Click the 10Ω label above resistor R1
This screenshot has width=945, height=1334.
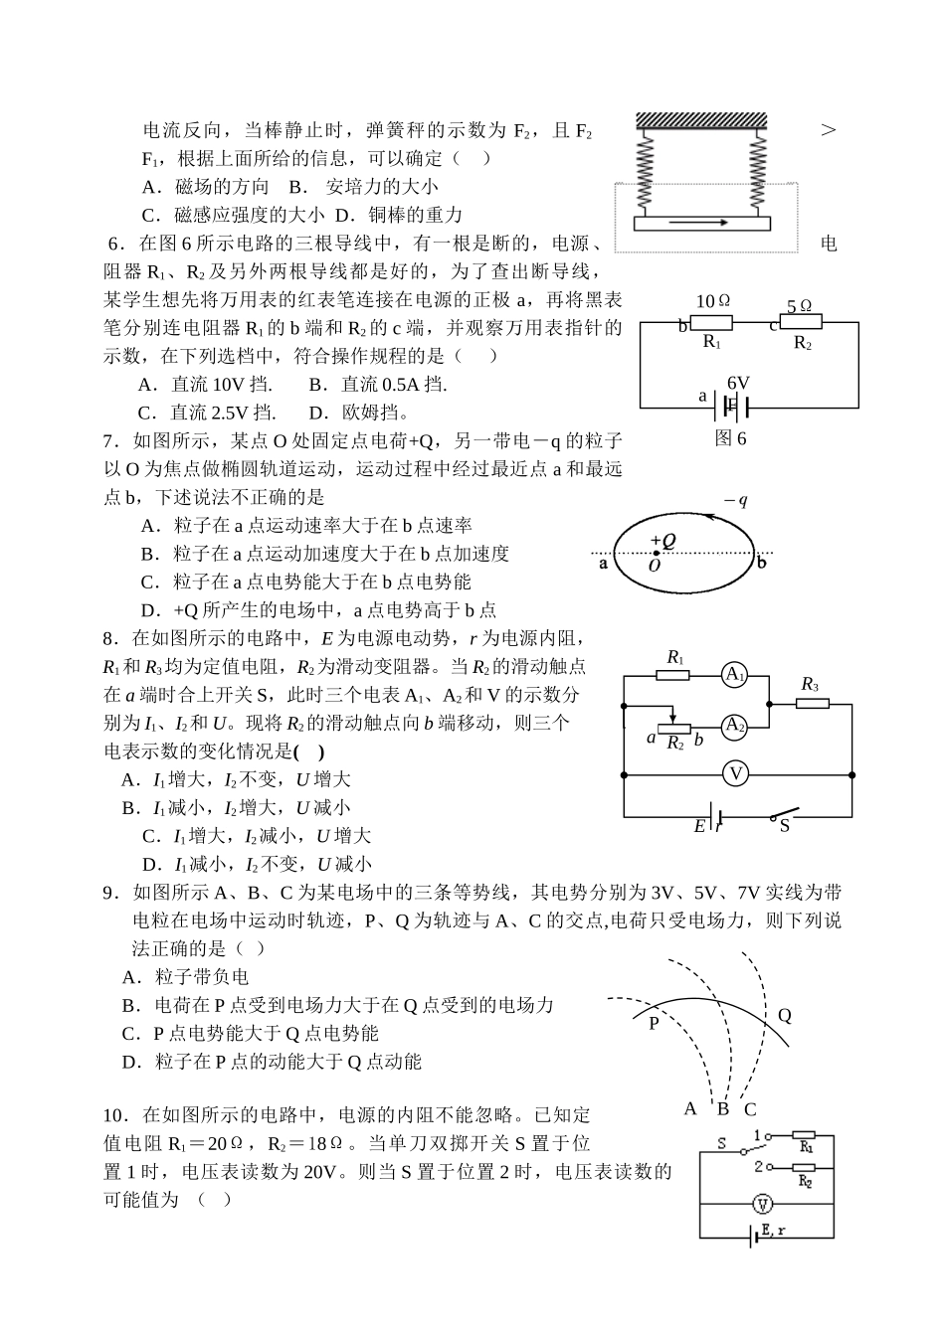coord(713,301)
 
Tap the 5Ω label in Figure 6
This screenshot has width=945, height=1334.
coord(800,306)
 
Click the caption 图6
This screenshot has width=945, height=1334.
coord(730,438)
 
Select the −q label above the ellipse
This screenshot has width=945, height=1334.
coord(735,500)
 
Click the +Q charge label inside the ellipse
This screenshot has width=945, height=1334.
coord(662,541)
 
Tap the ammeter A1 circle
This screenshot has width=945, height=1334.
coord(734,675)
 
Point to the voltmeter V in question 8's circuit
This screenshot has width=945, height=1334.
coord(734,773)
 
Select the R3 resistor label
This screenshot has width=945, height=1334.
coord(810,684)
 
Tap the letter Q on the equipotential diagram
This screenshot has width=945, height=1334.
coord(784,1015)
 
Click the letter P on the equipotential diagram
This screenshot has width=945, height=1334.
coord(655,1022)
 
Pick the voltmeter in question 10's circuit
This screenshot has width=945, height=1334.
coord(762,1205)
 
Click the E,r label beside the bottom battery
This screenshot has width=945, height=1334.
coord(772,1232)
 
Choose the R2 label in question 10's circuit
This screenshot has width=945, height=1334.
coord(806,1181)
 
